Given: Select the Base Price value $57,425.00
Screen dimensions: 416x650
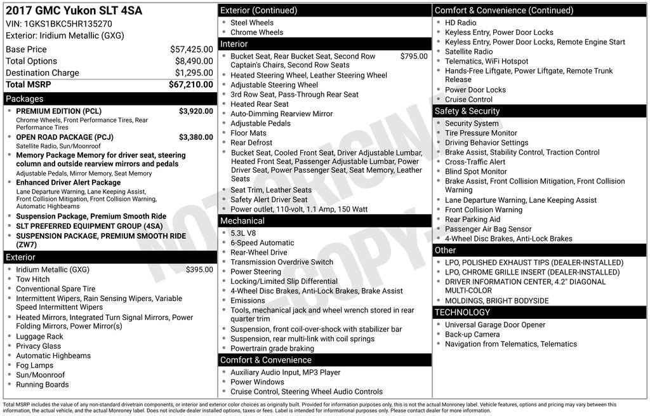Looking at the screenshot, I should [191, 49].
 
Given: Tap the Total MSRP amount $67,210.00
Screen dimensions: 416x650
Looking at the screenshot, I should [190, 84].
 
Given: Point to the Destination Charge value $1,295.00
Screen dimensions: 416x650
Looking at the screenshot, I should [194, 72].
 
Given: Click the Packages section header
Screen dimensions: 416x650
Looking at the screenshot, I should [25, 99].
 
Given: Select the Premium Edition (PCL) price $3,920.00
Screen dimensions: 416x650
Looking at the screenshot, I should [196, 111].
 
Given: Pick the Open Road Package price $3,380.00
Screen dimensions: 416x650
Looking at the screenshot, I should [196, 137].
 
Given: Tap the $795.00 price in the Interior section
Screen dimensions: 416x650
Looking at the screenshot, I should [413, 56].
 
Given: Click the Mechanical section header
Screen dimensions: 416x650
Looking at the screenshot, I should [242, 221].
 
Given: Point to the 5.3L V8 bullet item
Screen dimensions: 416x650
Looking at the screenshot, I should [244, 233].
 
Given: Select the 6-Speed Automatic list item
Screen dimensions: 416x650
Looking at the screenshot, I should [262, 243].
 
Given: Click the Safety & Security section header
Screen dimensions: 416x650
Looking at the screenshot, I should [467, 111].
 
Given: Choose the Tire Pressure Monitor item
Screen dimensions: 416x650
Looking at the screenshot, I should [481, 133].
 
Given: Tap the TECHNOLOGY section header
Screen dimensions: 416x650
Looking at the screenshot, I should [462, 312].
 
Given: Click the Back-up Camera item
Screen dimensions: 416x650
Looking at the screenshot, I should [472, 334].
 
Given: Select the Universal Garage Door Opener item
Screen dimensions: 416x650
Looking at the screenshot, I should [494, 325].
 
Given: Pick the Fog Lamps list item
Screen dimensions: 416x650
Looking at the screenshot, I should [34, 365].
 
